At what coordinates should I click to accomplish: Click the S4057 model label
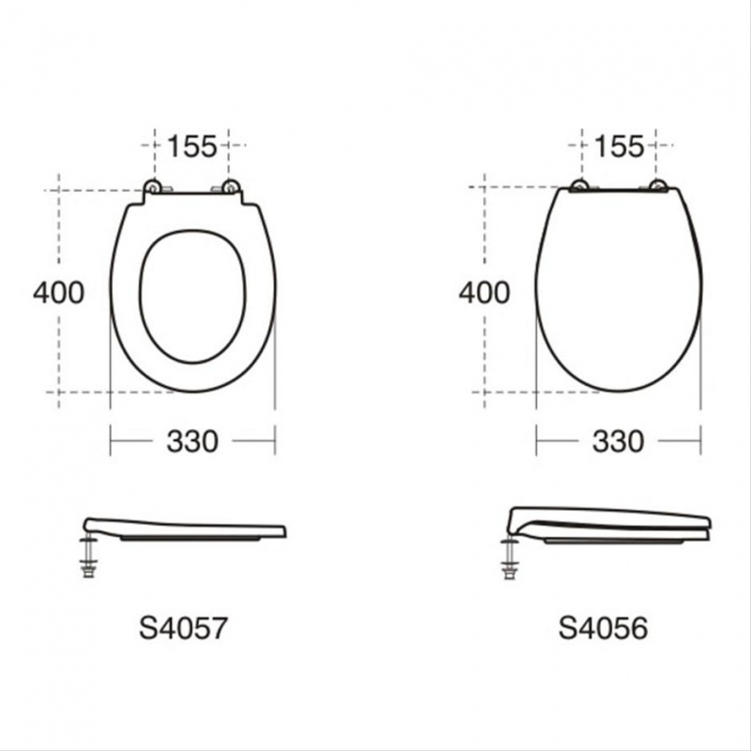pyautogui.click(x=183, y=628)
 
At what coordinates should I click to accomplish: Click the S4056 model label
pyautogui.click(x=603, y=628)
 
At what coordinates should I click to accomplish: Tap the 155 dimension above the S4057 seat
pyautogui.click(x=192, y=146)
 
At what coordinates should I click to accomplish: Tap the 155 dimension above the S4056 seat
pyautogui.click(x=619, y=146)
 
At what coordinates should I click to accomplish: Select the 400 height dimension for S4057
pyautogui.click(x=58, y=293)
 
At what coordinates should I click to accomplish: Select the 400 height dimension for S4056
pyautogui.click(x=484, y=293)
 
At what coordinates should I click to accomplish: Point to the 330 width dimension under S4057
pyautogui.click(x=192, y=440)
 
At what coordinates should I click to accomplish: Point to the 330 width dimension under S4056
pyautogui.click(x=619, y=440)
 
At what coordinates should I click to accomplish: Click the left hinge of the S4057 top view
pyautogui.click(x=152, y=188)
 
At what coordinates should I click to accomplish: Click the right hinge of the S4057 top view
pyautogui.click(x=231, y=188)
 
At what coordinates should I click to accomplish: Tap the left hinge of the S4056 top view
pyautogui.click(x=580, y=186)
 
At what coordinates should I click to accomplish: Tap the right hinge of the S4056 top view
pyautogui.click(x=659, y=186)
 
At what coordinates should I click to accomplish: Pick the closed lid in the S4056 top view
pyautogui.click(x=618, y=291)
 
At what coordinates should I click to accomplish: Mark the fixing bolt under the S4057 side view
pyautogui.click(x=88, y=557)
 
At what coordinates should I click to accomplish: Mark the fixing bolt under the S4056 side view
pyautogui.click(x=511, y=557)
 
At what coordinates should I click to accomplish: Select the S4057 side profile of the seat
pyautogui.click(x=188, y=529)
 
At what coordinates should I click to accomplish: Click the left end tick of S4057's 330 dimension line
pyautogui.click(x=111, y=439)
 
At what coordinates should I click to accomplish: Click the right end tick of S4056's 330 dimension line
pyautogui.click(x=700, y=439)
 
